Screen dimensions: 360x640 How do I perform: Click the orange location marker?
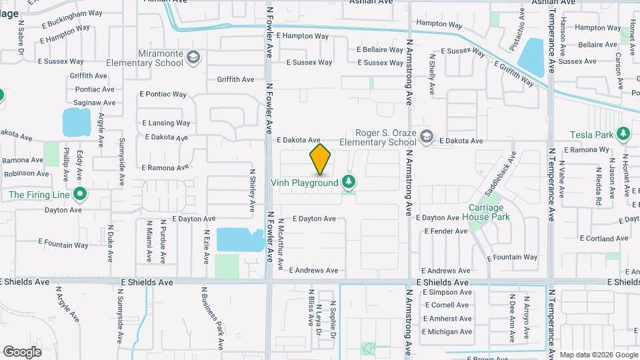pos(320,159)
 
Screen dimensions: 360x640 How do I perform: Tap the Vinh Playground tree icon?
pos(347,182)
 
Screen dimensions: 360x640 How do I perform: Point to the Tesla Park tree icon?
pos(623,135)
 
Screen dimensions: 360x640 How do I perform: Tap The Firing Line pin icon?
pos(80,195)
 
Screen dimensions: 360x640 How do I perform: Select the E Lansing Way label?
pos(167,123)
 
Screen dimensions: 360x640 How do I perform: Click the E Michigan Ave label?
pos(447,332)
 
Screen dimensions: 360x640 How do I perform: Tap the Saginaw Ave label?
pos(94,103)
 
